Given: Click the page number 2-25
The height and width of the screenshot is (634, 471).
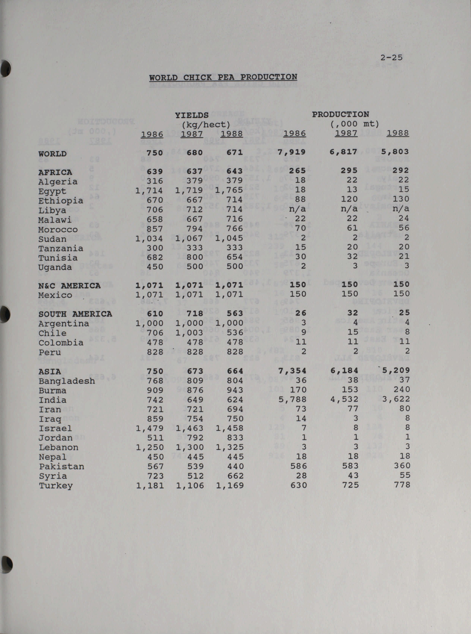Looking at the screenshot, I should [x=391, y=57].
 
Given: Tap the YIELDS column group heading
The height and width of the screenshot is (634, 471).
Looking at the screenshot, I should [x=192, y=115].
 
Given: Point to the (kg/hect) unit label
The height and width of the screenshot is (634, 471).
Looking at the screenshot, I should [x=206, y=124].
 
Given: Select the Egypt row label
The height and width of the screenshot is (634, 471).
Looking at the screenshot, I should [x=52, y=191].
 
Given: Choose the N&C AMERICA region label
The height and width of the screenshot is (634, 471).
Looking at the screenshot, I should [x=69, y=286].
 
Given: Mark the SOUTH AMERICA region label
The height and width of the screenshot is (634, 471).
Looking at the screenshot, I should [x=75, y=314].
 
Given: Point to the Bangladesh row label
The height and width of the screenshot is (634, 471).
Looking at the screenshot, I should [x=67, y=381].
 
